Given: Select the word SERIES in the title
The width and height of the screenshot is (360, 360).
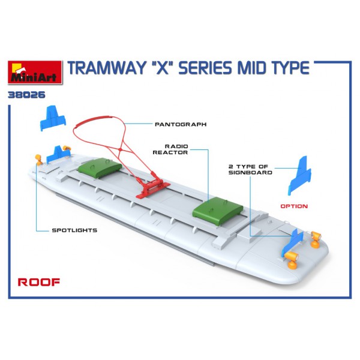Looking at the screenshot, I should pos(210,68).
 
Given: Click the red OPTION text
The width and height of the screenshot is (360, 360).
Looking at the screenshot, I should pos(294,206).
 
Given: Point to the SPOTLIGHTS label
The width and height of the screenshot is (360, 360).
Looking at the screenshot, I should pos(74,230).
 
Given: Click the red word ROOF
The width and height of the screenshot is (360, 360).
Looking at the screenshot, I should pos(38,283).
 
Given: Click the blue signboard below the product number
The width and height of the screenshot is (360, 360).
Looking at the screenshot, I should pos(52,118).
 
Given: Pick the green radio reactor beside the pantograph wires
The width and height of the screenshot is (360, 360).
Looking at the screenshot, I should pos(99,166).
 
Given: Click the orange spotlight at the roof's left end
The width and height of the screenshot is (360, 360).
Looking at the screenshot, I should pos(39,158).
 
